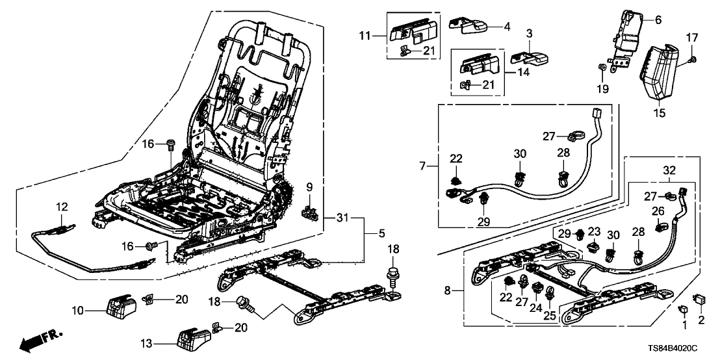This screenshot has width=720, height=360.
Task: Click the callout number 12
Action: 61,207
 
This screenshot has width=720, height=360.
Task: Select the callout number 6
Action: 658,20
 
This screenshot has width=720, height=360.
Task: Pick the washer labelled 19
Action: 603,68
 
